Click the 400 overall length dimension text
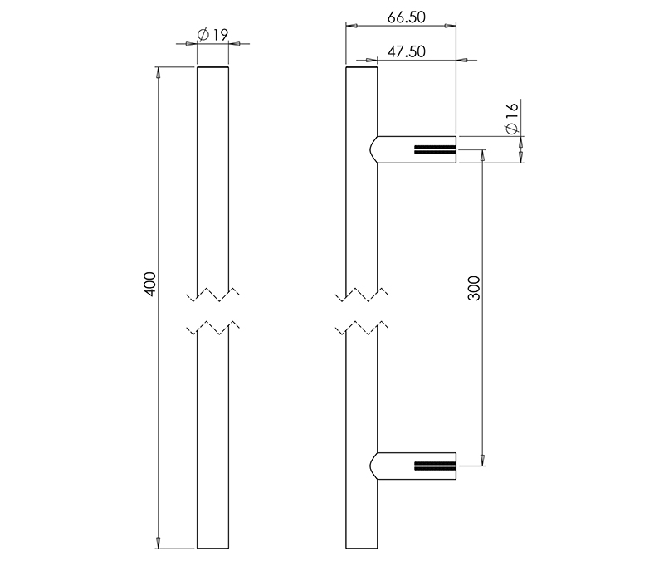click(x=149, y=285)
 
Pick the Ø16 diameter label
click(x=511, y=119)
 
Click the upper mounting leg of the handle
click(x=415, y=149)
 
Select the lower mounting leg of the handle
click(x=415, y=466)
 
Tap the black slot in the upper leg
click(x=434, y=150)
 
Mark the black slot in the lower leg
click(x=434, y=466)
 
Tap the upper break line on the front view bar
click(x=213, y=295)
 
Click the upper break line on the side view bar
click(x=361, y=295)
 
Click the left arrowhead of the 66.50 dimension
click(x=351, y=27)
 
